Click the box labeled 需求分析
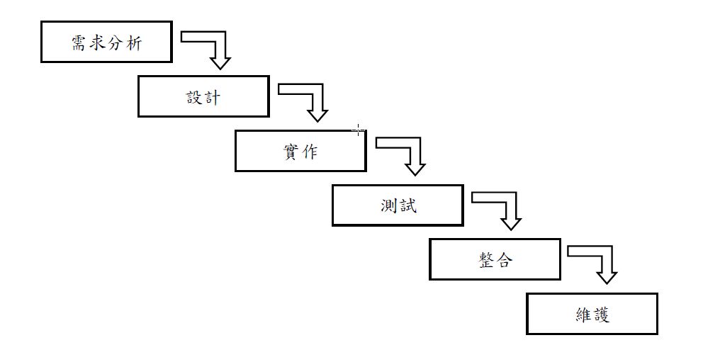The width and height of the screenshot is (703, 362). coord(106,43)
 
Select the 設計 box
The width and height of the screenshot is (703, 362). coord(203,96)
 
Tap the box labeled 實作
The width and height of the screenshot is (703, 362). coord(300,151)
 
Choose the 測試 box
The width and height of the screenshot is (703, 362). coord(398,205)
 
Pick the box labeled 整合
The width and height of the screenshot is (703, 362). coord(495,260)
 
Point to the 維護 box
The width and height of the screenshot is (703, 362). coord(592,314)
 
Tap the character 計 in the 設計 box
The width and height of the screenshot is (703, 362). coord(213,97)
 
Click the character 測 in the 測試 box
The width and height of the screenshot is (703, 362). coord(388,206)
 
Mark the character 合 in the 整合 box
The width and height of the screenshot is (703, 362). coord(504,260)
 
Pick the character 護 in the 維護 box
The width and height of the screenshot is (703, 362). coord(601,315)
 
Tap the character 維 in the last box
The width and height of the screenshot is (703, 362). coord(583,315)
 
